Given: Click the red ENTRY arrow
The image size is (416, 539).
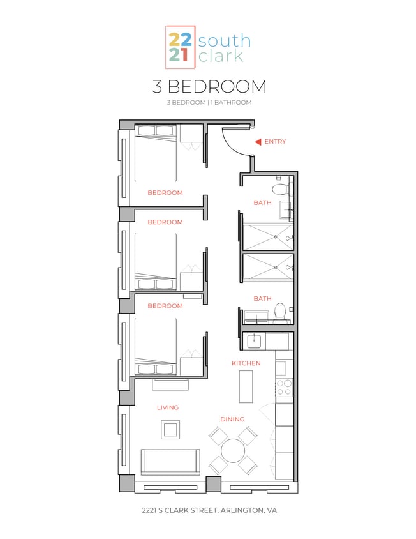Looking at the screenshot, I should click(258, 142).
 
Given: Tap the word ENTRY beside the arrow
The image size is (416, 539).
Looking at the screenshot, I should click(275, 142).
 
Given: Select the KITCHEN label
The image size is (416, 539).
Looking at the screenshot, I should click(246, 363).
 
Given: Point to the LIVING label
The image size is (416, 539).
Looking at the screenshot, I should click(168, 407).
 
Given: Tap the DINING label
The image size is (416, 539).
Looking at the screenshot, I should click(232, 420).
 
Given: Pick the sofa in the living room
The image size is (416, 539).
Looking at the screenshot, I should click(169, 461).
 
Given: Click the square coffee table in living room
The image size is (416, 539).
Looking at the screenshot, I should click(170, 430).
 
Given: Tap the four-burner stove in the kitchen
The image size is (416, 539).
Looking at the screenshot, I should click(284, 387).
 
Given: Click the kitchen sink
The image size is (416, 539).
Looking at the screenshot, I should click(253, 341).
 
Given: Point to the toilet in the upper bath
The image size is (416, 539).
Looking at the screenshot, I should click(280, 189).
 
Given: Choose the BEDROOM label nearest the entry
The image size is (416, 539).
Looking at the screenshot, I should click(165, 192).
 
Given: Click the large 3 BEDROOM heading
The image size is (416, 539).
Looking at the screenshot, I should click(209, 86).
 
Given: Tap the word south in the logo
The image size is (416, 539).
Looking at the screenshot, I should click(224, 42).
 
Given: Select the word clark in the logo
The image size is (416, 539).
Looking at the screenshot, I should click(221, 56).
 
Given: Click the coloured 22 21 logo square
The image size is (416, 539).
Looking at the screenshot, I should click(179, 47).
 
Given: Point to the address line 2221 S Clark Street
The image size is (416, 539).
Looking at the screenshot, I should click(209, 511).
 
